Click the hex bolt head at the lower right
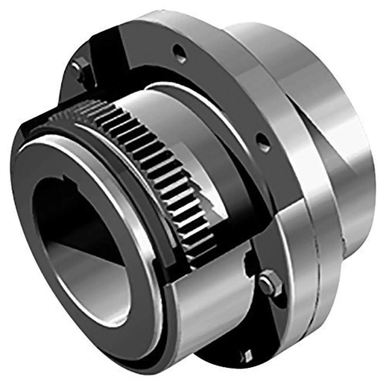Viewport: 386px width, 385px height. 270,284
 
